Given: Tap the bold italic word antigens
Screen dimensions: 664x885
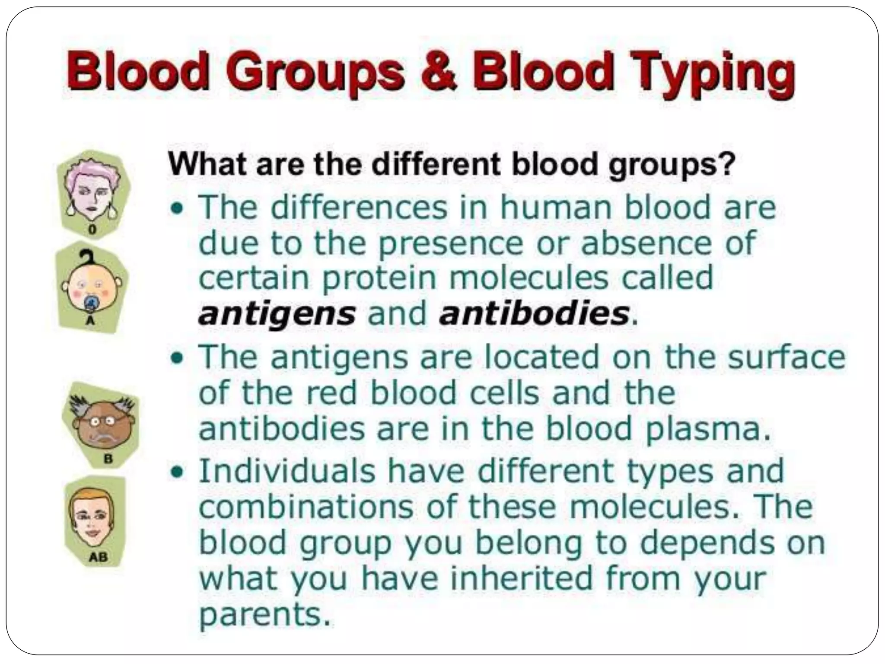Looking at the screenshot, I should tap(277, 314).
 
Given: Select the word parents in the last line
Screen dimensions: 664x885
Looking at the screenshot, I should tap(260, 616).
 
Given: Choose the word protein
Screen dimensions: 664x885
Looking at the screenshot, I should tap(379, 278).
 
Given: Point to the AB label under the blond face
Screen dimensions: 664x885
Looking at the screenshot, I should tap(98, 557).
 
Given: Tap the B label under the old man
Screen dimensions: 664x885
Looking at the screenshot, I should tap(108, 459).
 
